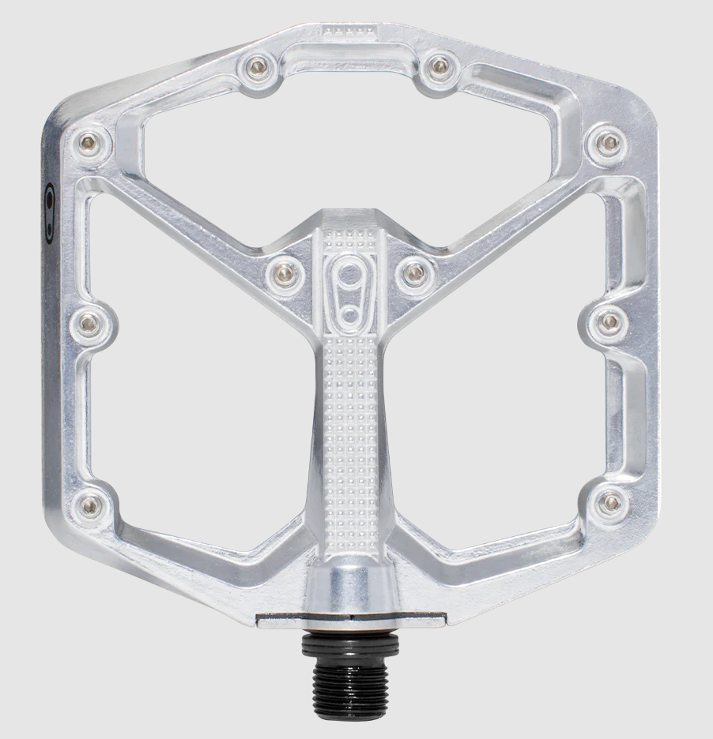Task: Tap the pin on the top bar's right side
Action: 436,67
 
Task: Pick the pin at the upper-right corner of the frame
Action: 609,143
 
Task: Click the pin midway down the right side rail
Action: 609,321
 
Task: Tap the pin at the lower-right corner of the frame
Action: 611,501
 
